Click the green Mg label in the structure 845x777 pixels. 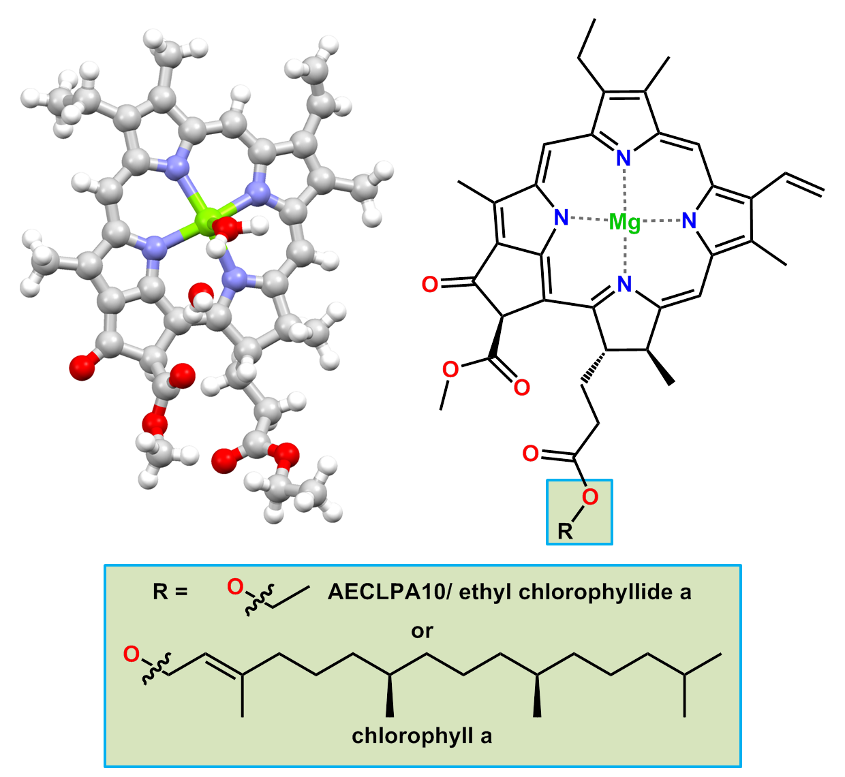point(625,222)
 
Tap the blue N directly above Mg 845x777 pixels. point(624,159)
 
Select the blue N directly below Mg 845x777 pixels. point(624,284)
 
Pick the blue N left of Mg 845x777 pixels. point(561,218)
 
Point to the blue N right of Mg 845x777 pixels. point(690,221)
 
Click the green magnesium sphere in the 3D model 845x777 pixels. point(204,219)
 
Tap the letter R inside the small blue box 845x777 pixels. point(565,531)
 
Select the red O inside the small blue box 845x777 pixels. point(590,497)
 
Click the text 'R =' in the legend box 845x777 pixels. point(170,591)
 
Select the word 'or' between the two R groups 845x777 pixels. point(422,631)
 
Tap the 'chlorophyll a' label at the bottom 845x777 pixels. point(422,736)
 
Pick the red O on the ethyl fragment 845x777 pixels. point(235,586)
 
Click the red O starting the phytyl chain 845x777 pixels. point(131,655)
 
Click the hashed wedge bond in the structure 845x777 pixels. point(593,366)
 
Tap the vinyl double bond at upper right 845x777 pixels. point(804,184)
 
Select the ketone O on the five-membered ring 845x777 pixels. point(430,284)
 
